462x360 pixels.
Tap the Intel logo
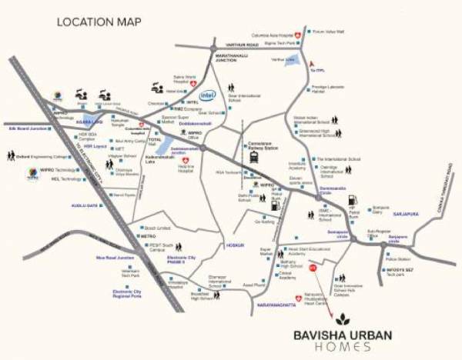point(207,96)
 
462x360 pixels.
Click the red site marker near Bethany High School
point(312,268)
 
